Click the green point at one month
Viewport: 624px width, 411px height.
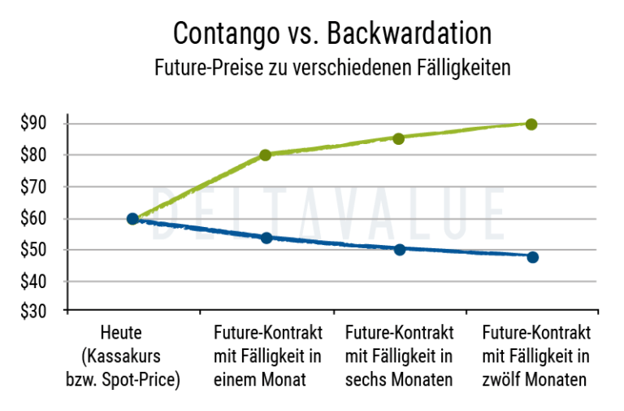click(x=266, y=155)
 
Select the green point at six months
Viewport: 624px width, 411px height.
click(x=399, y=138)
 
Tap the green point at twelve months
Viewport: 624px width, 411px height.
click(x=531, y=124)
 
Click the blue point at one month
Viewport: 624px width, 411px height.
click(x=266, y=238)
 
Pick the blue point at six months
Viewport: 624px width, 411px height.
click(x=399, y=249)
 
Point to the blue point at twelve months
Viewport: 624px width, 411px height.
click(x=532, y=257)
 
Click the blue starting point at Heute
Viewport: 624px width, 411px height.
click(x=132, y=218)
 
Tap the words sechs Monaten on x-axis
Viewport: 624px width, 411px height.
click(x=399, y=380)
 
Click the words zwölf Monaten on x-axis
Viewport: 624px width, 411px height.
click(x=535, y=380)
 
